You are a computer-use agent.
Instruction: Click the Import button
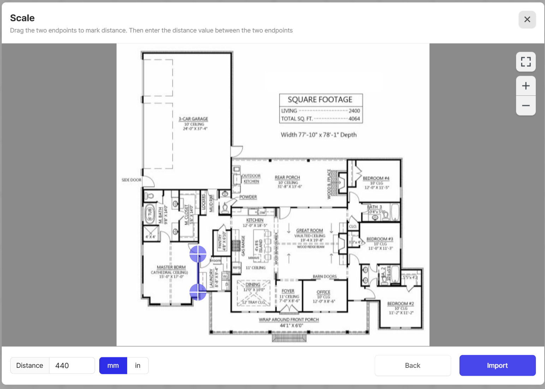[x=497, y=365]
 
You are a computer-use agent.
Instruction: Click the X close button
[x=527, y=19]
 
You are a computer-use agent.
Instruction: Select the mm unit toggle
[x=113, y=365]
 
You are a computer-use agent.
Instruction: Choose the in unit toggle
[x=138, y=365]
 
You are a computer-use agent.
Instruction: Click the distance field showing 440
[x=72, y=365]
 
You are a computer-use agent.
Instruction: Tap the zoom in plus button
[x=526, y=86]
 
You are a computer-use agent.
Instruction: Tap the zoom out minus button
[x=526, y=106]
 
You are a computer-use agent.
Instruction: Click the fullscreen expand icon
[x=526, y=62]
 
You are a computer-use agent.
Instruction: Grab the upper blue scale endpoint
[x=198, y=254]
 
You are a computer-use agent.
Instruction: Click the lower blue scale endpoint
[x=198, y=292]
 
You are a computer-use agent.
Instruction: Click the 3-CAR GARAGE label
[x=193, y=119]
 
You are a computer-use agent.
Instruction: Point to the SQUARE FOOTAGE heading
[x=320, y=100]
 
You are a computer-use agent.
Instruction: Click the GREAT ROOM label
[x=309, y=230]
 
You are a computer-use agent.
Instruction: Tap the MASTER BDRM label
[x=171, y=267]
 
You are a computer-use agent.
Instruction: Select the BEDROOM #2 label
[x=401, y=303]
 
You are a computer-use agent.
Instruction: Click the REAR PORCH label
[x=287, y=177]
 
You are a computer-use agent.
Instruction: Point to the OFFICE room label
[x=323, y=292]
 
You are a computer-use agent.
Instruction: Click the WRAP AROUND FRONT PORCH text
[x=289, y=320]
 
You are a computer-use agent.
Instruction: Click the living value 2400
[x=354, y=111]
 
